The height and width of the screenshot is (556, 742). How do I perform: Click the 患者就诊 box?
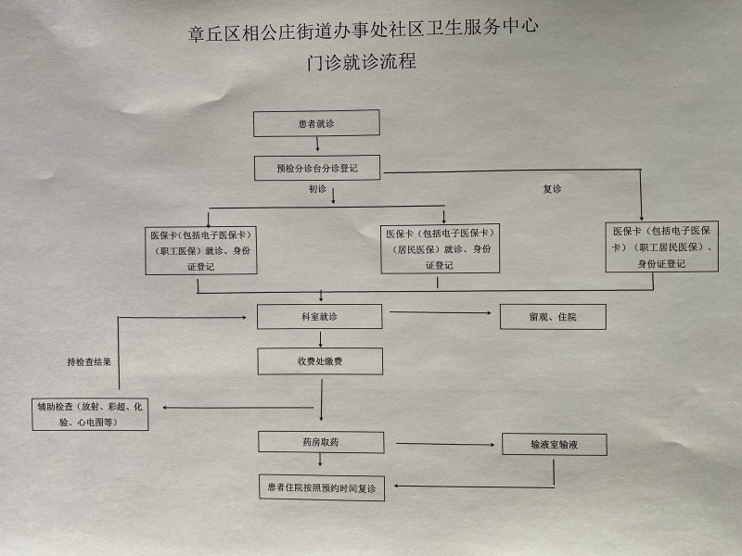[316, 123]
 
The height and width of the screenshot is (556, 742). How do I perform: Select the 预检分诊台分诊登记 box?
[317, 168]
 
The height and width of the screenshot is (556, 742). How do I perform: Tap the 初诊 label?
[317, 189]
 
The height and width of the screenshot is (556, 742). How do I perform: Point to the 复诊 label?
[552, 189]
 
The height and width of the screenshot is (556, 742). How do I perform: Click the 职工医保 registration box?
[201, 250]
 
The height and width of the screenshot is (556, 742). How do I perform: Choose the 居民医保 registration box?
[440, 248]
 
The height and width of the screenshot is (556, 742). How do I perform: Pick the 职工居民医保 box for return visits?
[662, 246]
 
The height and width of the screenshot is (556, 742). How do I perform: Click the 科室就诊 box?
[319, 316]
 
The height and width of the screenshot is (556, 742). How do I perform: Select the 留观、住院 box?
[553, 317]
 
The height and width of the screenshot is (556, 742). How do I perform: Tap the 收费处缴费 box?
[320, 361]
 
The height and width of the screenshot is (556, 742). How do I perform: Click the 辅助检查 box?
[90, 414]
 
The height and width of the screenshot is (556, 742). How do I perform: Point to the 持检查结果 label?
[89, 362]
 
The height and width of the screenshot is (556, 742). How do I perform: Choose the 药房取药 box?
[321, 442]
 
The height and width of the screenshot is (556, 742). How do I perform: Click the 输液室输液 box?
[554, 445]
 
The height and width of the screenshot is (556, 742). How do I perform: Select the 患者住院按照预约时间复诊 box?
[322, 487]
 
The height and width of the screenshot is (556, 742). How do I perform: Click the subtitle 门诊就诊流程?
[362, 62]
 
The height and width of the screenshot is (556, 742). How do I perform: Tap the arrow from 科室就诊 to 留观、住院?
[441, 312]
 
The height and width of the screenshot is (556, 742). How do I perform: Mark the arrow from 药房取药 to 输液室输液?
[445, 444]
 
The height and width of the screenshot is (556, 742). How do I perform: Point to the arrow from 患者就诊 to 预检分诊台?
[317, 145]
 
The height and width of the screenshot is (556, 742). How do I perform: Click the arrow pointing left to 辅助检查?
[238, 407]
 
